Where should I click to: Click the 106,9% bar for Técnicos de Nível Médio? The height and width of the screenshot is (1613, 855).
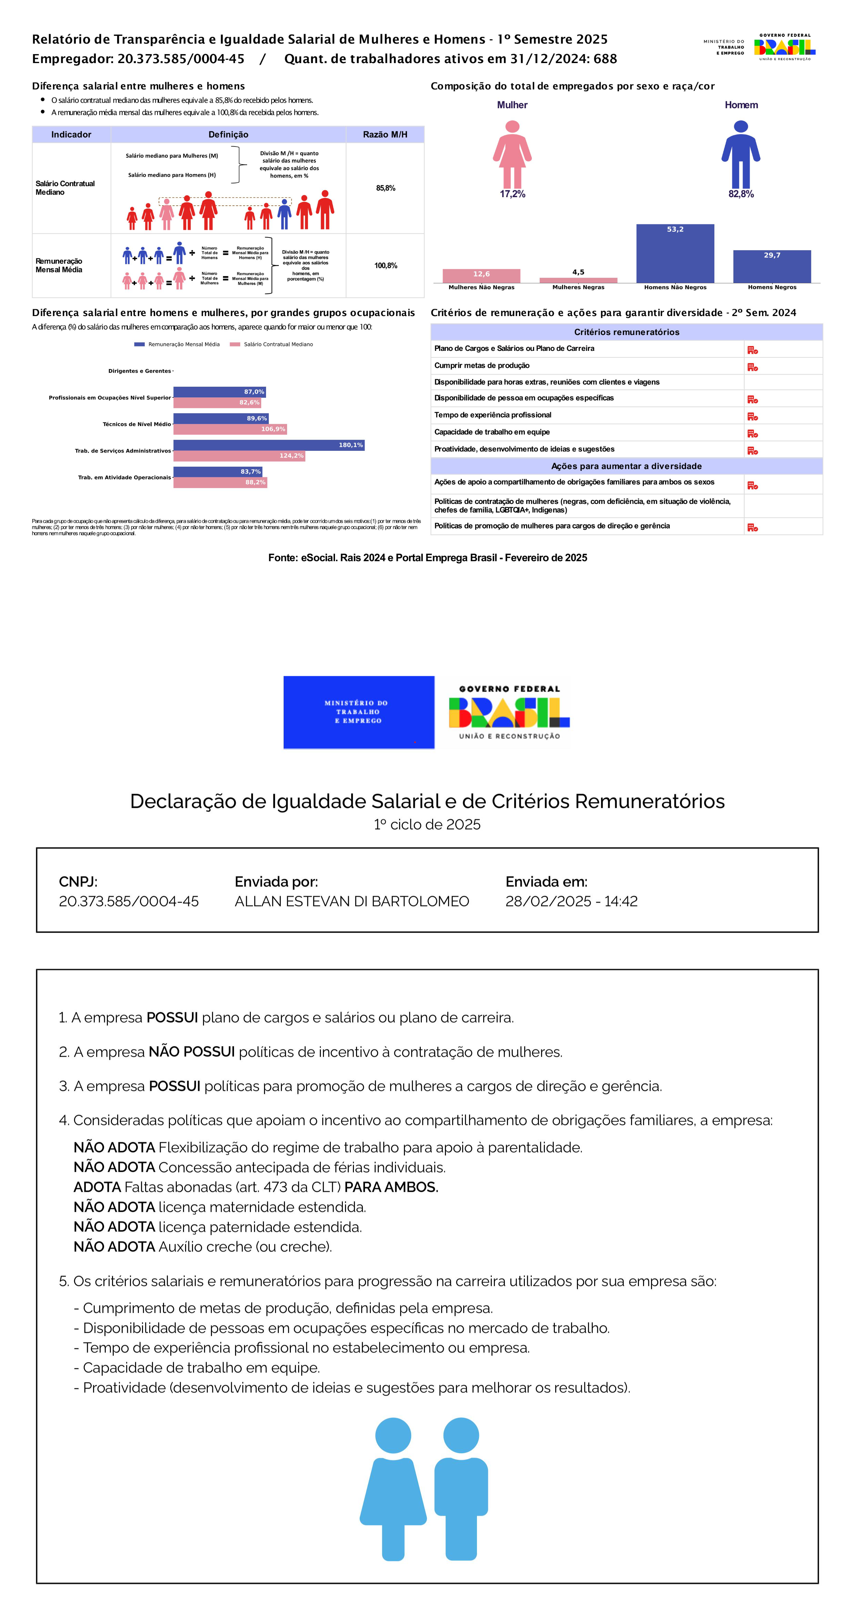(x=230, y=429)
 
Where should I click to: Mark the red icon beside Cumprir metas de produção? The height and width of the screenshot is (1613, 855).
(x=752, y=367)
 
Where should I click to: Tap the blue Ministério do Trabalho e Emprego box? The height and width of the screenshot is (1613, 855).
(x=359, y=712)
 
